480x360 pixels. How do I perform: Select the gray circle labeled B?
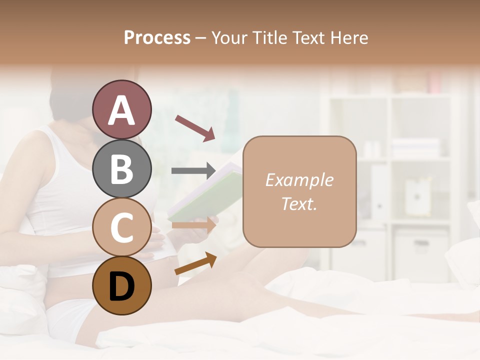pyautogui.click(x=122, y=168)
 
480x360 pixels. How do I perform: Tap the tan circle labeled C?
pyautogui.click(x=122, y=227)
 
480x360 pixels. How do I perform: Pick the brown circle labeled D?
pyautogui.click(x=122, y=286)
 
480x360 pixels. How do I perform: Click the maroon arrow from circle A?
pyautogui.click(x=195, y=127)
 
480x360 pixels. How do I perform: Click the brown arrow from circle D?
pyautogui.click(x=195, y=264)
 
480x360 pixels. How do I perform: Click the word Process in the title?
pyautogui.click(x=157, y=37)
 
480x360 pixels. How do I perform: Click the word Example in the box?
pyautogui.click(x=299, y=180)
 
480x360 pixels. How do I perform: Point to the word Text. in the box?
pyautogui.click(x=299, y=204)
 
